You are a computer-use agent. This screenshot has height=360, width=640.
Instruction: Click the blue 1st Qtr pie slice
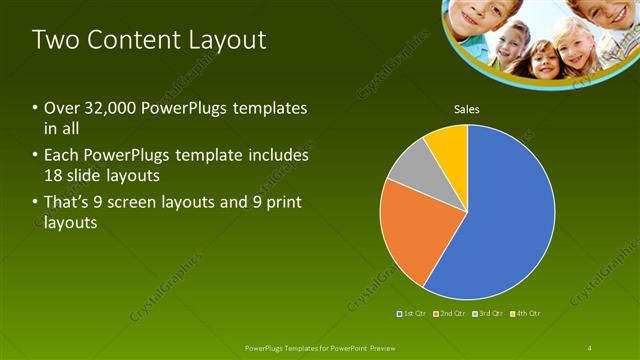click(x=505, y=215)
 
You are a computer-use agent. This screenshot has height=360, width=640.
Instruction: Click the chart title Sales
click(x=467, y=109)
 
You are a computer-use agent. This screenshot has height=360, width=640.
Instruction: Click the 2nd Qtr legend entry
click(x=451, y=314)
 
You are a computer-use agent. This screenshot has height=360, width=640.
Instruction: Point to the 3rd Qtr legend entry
click(x=490, y=314)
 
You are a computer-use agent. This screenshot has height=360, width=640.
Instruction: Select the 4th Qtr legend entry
click(x=527, y=314)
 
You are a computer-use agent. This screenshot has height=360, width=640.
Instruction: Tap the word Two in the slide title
click(x=54, y=41)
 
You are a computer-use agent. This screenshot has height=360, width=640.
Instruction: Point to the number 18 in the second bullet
click(x=54, y=176)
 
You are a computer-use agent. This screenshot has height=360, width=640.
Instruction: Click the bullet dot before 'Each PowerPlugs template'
click(x=36, y=156)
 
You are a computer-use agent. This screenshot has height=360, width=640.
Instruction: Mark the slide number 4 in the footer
click(x=590, y=347)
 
